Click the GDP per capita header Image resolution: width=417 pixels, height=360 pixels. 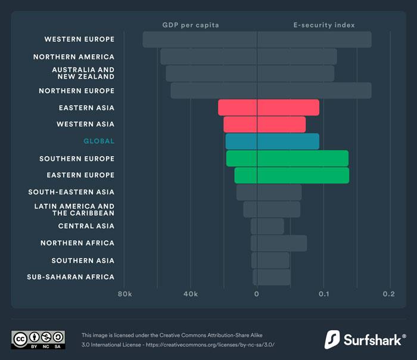point(191,25)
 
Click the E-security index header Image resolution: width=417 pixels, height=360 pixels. point(324,25)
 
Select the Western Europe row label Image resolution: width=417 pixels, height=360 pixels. point(79,39)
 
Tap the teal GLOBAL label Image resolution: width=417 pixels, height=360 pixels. point(99,141)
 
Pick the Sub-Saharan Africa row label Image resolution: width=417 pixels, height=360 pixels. point(71,277)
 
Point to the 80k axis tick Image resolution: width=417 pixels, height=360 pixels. point(124,294)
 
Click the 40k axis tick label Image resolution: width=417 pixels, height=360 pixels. point(190,294)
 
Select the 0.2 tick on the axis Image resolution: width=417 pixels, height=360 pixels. point(389,294)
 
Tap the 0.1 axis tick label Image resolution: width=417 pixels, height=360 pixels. point(324,294)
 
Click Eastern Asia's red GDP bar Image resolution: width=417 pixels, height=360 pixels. point(237,107)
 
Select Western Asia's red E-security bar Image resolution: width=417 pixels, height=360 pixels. point(281,124)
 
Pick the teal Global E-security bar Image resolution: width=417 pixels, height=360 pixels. point(288,141)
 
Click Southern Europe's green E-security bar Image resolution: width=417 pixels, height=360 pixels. point(303,159)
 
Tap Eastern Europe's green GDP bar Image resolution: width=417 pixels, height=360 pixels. point(245,175)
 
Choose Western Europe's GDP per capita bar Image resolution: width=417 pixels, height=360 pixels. point(200,39)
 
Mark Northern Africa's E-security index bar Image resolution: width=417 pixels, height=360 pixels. point(282,243)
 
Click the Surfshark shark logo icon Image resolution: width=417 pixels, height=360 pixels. point(332,339)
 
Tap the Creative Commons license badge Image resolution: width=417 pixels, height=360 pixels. point(38,339)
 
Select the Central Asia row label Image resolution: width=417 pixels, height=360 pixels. point(86,226)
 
